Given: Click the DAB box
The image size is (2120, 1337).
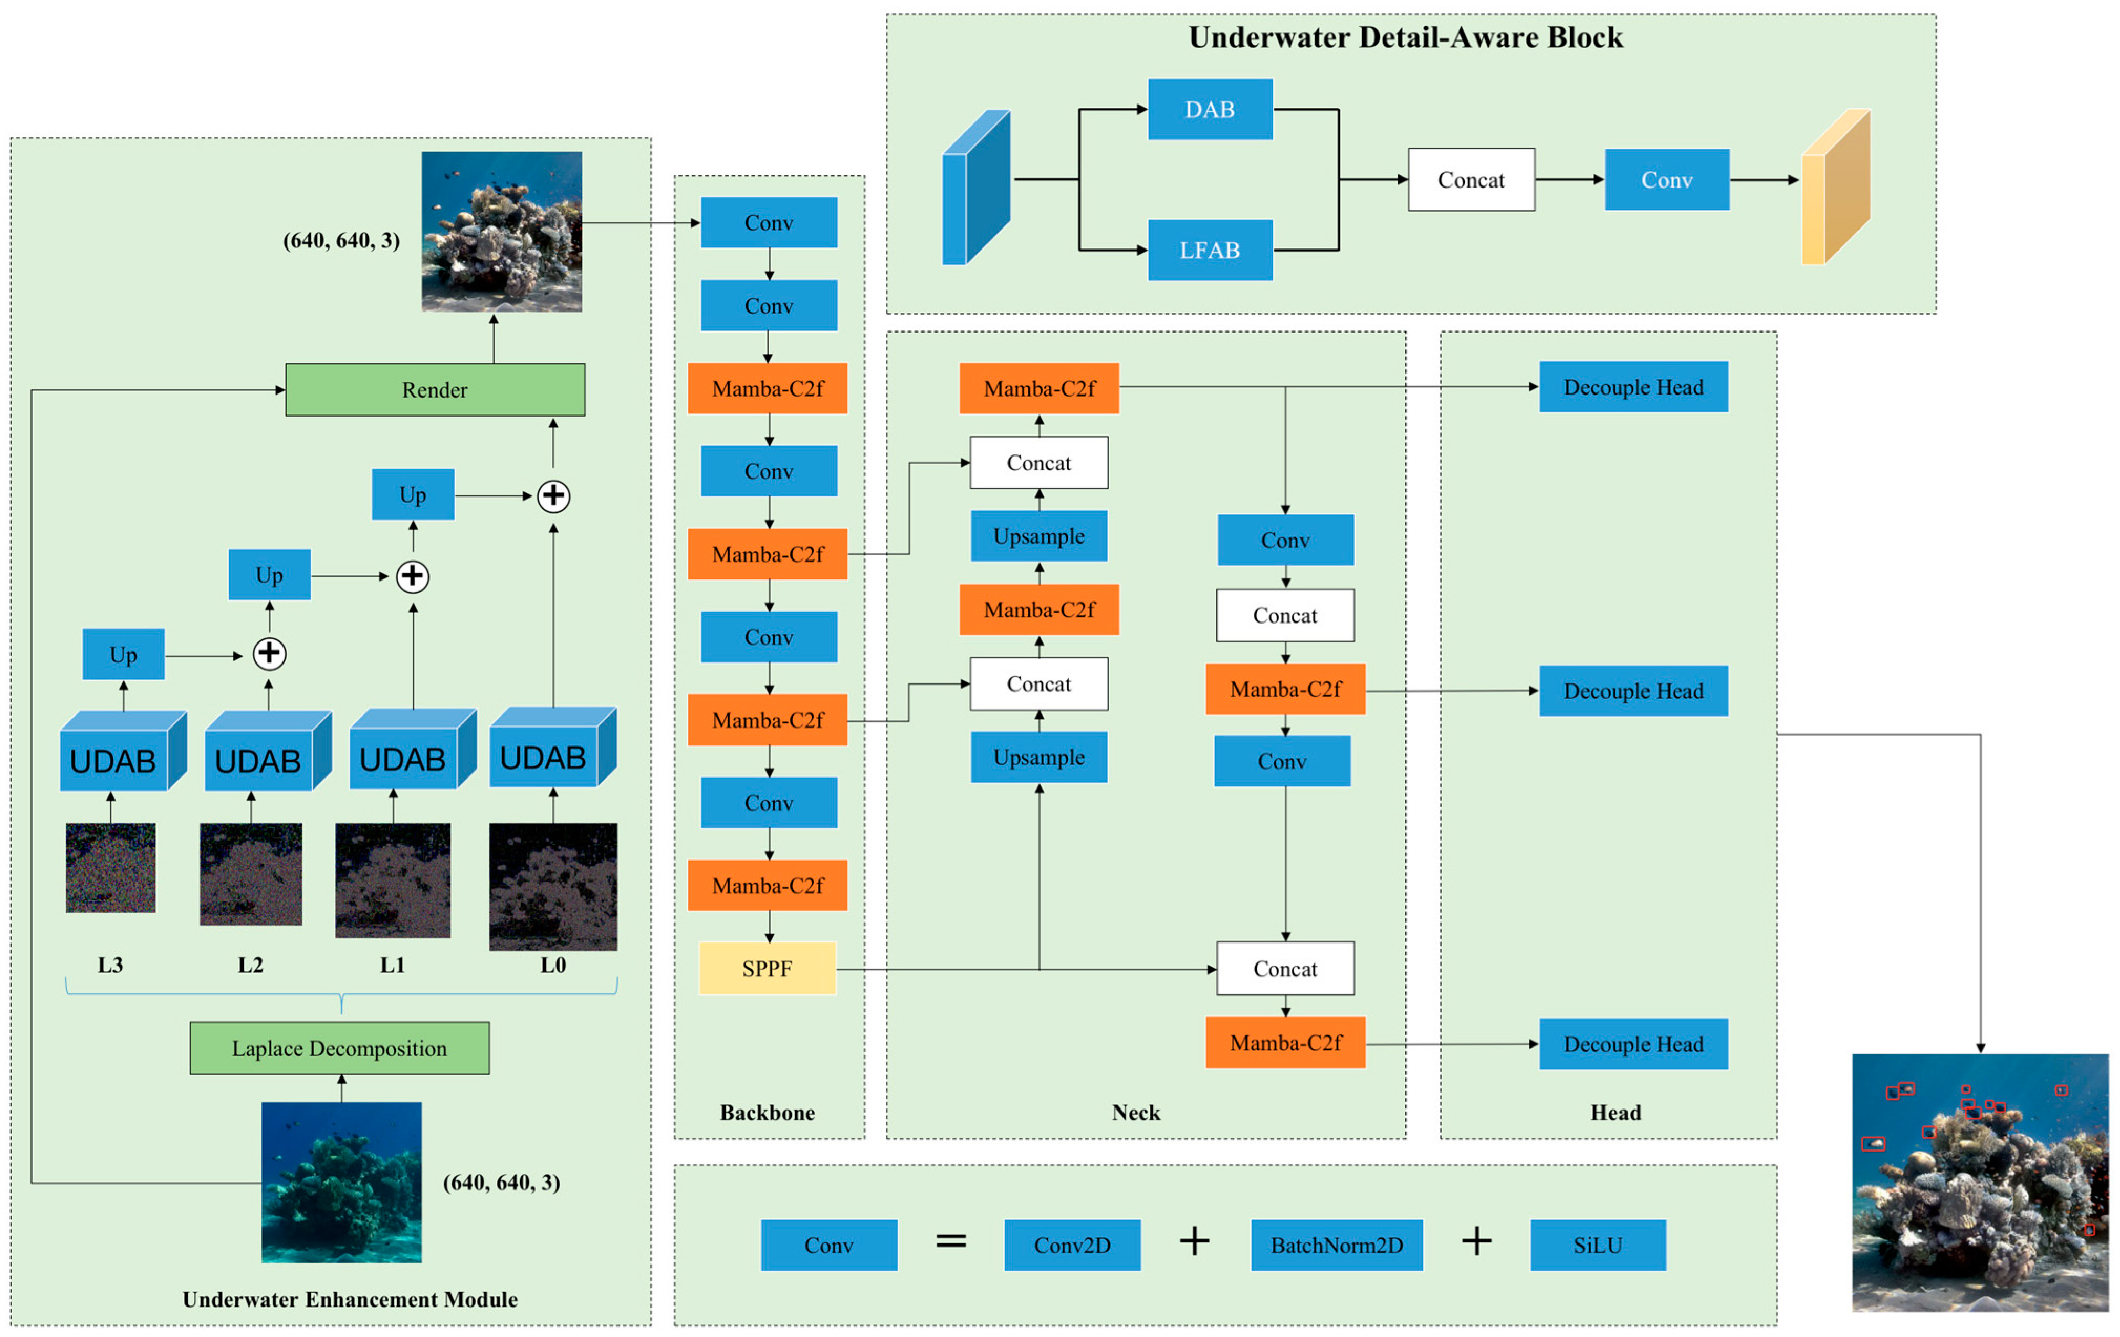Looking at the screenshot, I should (x=1210, y=109).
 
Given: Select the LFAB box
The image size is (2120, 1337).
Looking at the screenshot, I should (x=1210, y=250).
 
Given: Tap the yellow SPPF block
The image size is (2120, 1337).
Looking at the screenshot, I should (x=767, y=969).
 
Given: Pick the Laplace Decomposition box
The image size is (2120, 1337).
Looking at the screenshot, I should (x=340, y=1048).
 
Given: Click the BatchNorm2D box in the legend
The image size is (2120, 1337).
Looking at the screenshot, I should (x=1337, y=1245).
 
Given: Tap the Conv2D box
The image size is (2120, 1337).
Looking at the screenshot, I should (x=1072, y=1245).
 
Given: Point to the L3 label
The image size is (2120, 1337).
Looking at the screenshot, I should (x=110, y=965).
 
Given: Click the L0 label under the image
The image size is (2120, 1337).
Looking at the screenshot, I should (x=553, y=965).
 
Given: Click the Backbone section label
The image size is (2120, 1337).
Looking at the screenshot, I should (x=767, y=1112).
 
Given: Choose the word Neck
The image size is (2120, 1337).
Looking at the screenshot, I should (x=1136, y=1112).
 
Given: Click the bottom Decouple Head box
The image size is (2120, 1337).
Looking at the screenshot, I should (x=1633, y=1044).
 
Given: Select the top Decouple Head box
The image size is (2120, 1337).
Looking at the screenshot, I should (x=1633, y=387).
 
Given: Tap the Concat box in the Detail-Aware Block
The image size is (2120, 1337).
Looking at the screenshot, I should (x=1471, y=180).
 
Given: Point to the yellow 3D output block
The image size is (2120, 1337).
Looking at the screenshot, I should (x=1835, y=186).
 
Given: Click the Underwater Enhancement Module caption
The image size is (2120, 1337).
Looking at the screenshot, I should (x=350, y=1299).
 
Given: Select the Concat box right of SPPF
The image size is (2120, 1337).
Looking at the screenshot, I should (x=1285, y=969).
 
